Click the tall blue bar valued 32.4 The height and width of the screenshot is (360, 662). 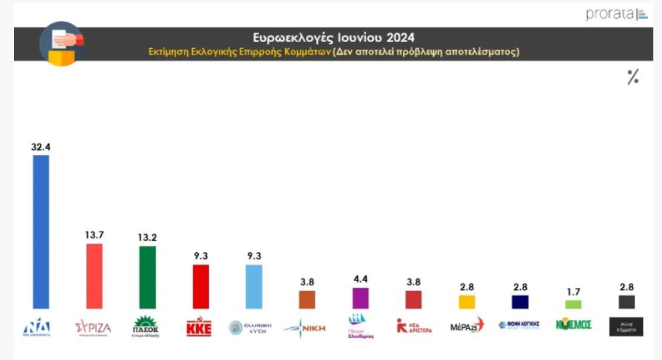coord(41,232)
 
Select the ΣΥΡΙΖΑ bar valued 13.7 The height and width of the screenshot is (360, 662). coord(94,276)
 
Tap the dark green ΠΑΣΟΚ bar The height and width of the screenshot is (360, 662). coord(147,277)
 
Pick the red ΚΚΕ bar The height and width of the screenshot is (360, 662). coord(201,286)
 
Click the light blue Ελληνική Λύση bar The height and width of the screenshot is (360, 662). coord(254,286)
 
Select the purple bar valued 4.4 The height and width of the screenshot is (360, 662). coord(361,298)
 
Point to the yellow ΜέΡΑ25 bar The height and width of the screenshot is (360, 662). coord(467,302)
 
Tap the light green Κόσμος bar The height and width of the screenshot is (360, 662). coord(574,304)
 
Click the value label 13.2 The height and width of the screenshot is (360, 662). coord(147,238)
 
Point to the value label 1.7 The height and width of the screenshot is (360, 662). coord(574,291)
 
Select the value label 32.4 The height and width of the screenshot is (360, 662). coord(41,147)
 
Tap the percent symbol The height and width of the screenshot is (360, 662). coord(633,78)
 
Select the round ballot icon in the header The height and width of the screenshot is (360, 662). coord(62,44)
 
